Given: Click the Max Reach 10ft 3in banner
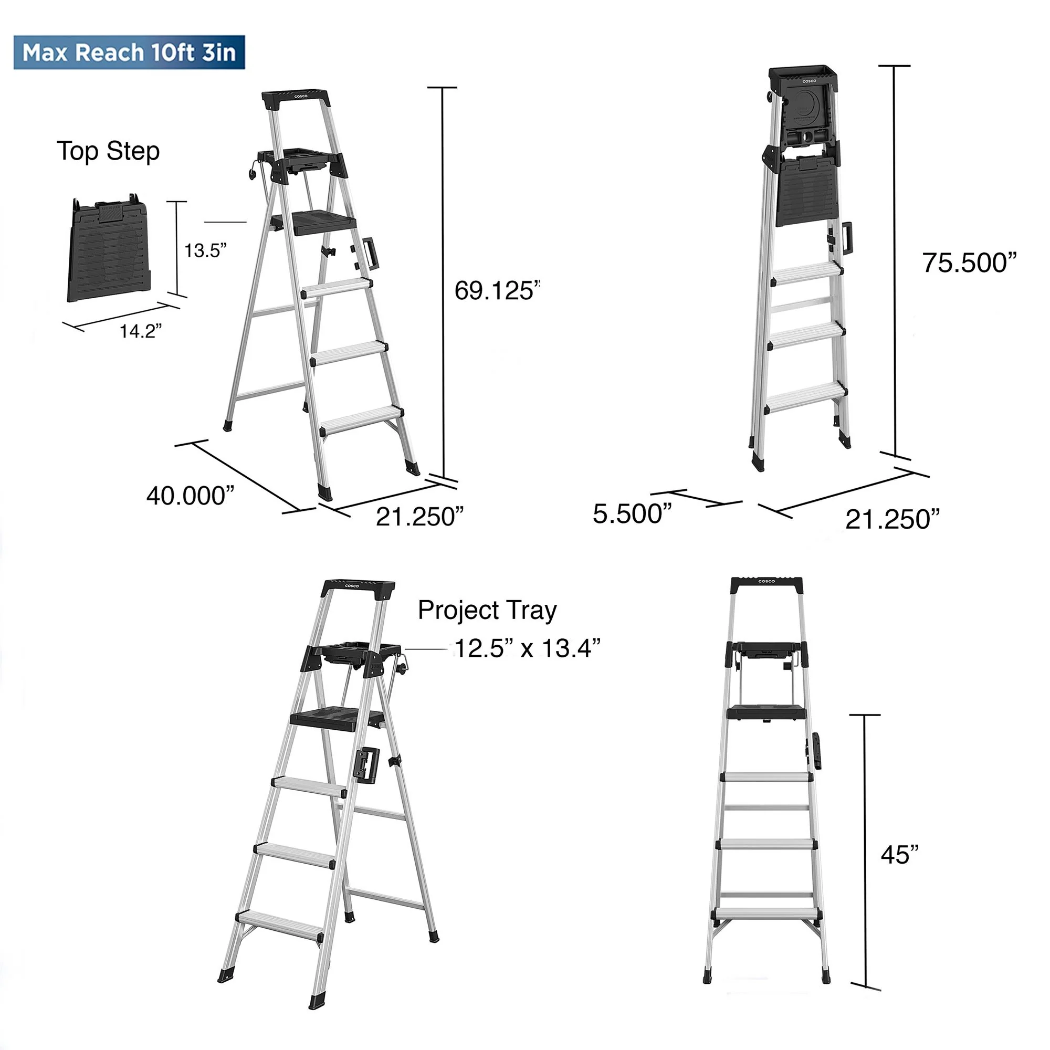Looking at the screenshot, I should [x=129, y=52].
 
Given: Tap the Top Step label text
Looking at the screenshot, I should [x=108, y=151].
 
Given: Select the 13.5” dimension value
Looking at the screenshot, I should [x=205, y=250].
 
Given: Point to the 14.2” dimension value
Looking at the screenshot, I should [x=140, y=331].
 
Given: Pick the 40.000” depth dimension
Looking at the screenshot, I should [x=190, y=496].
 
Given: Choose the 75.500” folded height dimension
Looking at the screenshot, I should [x=969, y=263].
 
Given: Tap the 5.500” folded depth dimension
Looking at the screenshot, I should [x=632, y=513].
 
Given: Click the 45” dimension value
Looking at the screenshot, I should [x=899, y=855].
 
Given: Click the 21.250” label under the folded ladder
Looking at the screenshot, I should [x=892, y=519].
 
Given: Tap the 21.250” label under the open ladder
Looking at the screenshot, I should [x=419, y=516].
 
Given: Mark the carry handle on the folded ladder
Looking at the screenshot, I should [x=847, y=238].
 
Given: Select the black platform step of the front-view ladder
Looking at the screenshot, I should [x=766, y=711].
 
